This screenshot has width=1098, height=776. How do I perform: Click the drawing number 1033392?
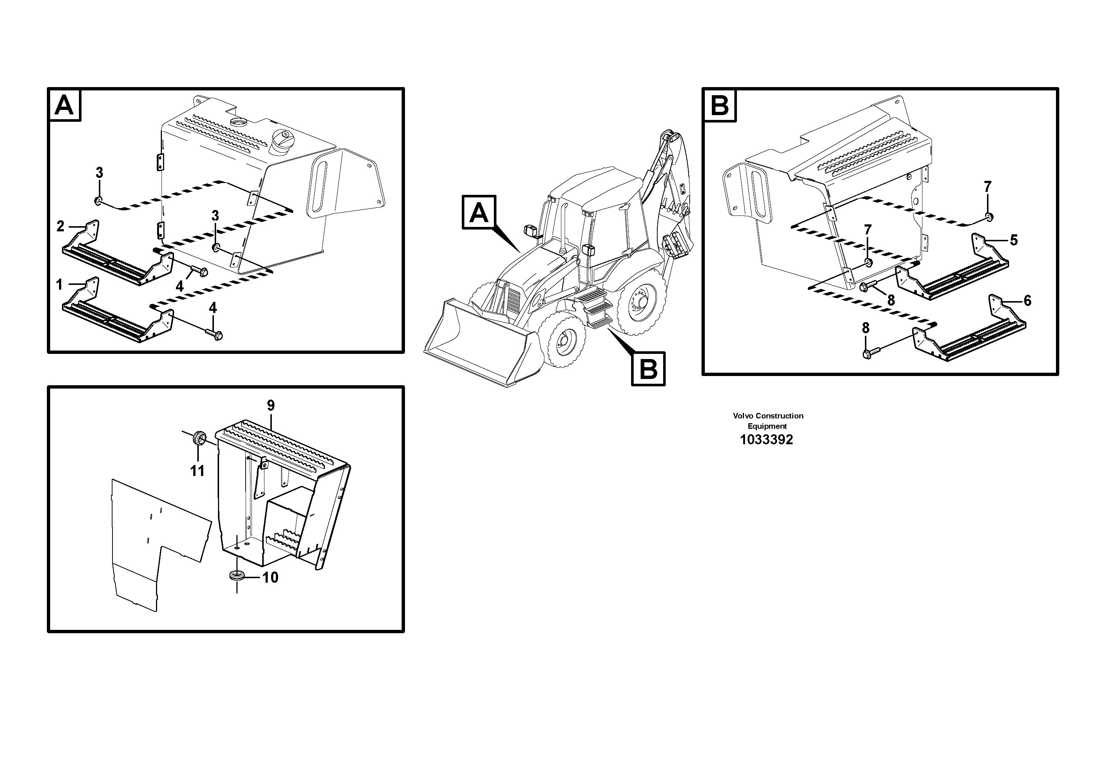[766, 440]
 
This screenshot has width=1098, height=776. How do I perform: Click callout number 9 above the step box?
[271, 406]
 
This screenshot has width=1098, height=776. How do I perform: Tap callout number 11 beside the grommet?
[197, 471]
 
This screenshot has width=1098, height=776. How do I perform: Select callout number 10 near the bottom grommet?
[270, 577]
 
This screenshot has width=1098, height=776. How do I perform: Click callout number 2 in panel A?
[60, 226]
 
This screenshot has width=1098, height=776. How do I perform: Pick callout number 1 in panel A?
[59, 285]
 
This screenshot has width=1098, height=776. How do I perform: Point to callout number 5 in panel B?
[1014, 240]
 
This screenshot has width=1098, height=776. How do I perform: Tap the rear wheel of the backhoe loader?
[641, 306]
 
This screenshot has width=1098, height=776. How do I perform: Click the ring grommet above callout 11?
[199, 438]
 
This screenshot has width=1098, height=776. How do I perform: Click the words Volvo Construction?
[768, 416]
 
